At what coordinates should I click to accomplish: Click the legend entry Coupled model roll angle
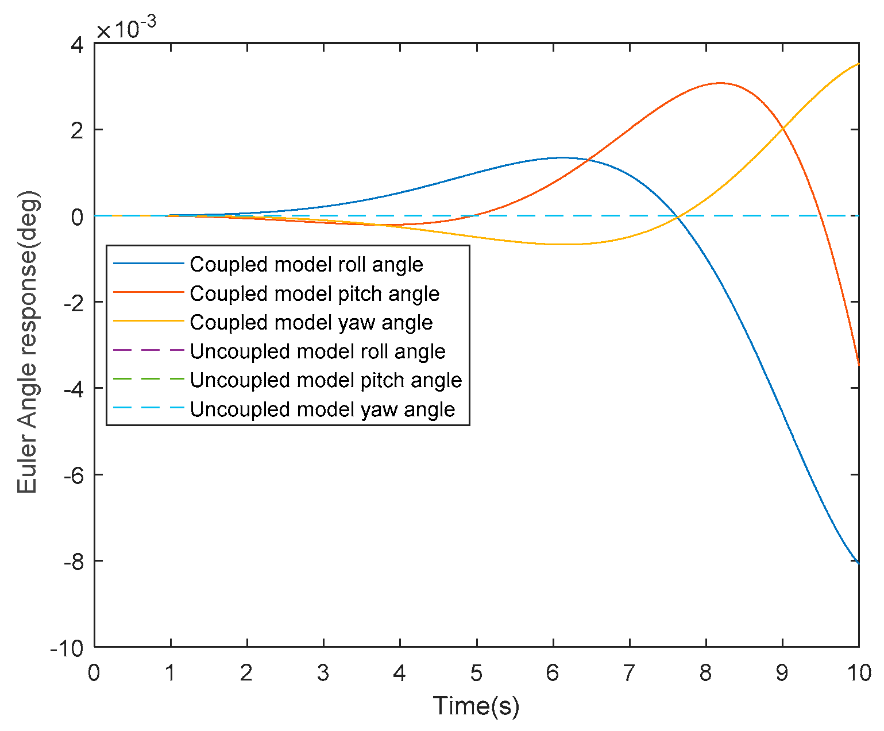point(306,265)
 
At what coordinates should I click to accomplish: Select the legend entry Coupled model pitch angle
point(314,294)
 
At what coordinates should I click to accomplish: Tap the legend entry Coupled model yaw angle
point(311,323)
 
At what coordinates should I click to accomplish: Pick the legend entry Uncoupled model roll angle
point(317,351)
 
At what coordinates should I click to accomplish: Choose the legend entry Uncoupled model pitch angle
point(326,380)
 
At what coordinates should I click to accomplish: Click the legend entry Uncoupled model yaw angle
point(322,409)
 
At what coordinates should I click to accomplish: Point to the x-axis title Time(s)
point(476,705)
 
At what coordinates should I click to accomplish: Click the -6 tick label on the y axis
point(71,475)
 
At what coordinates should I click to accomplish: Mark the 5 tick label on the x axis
point(476,672)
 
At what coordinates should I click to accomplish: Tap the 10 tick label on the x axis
point(859,672)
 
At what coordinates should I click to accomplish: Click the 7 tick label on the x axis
point(630,672)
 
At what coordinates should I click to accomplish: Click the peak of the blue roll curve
point(561,157)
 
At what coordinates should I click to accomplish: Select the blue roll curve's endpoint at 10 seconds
point(858,563)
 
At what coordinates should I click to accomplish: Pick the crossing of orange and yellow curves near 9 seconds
point(782,128)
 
